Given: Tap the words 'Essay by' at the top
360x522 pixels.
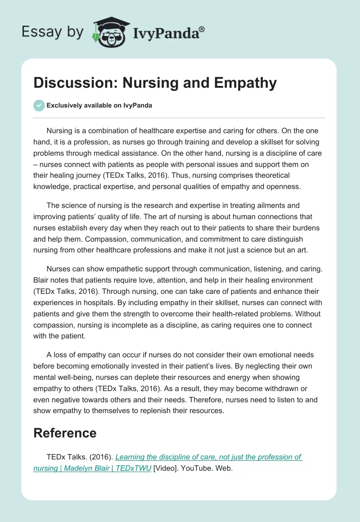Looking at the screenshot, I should click(x=52, y=32).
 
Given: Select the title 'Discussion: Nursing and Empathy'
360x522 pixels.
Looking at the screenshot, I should click(x=155, y=83).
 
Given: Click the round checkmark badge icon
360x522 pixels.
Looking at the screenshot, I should click(x=39, y=105).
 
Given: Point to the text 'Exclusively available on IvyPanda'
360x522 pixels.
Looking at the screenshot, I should click(x=99, y=105).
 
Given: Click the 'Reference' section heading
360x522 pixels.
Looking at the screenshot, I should click(x=65, y=433).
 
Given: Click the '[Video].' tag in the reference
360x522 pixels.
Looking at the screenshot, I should click(x=166, y=468).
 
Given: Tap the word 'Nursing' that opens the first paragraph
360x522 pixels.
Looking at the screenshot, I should click(x=59, y=131).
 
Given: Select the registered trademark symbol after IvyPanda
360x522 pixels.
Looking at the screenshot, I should click(x=202, y=29).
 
